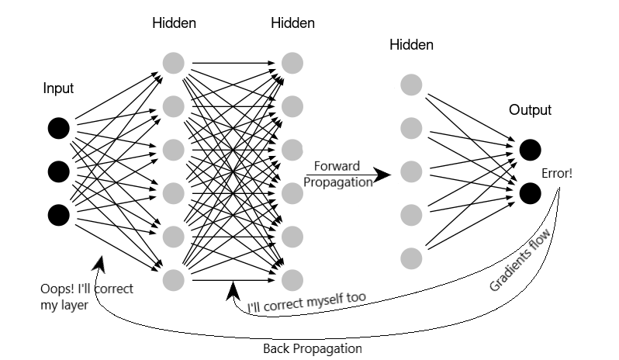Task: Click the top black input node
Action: (x=58, y=127)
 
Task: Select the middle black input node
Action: (x=58, y=171)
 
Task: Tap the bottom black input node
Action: (x=58, y=213)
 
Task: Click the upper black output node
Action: (x=531, y=149)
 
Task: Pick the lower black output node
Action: (x=531, y=192)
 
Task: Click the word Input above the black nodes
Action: (x=58, y=88)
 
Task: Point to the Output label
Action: (x=530, y=110)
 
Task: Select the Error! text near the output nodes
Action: (x=558, y=172)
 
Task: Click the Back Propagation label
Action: (x=313, y=348)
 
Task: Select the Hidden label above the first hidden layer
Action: (x=175, y=23)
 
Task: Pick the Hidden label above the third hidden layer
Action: (x=412, y=46)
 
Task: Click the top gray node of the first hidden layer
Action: (x=175, y=61)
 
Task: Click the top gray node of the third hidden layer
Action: (x=412, y=83)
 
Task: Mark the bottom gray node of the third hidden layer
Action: (x=412, y=256)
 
